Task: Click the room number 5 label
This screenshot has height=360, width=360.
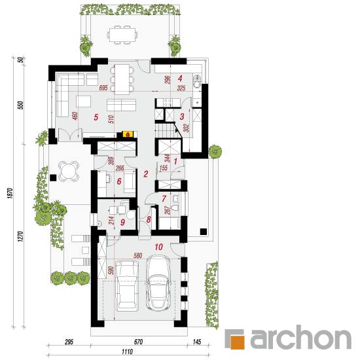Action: (96, 117)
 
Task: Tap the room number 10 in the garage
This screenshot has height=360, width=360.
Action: (158, 247)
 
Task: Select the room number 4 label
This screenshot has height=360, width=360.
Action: (180, 79)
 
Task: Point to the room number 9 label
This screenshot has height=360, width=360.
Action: (122, 222)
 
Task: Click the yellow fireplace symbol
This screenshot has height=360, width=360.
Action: (128, 134)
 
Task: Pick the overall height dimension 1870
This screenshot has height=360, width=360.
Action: (10, 193)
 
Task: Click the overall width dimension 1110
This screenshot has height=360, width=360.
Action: (127, 351)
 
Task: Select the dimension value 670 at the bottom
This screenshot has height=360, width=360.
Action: (139, 342)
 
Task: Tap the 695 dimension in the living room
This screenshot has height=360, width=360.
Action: (103, 88)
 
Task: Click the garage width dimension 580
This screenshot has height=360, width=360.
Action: (137, 255)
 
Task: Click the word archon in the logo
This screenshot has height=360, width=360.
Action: (301, 338)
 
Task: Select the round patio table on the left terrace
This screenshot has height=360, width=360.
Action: (69, 171)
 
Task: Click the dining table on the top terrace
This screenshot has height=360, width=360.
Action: (122, 35)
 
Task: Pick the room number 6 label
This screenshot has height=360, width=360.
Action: (119, 181)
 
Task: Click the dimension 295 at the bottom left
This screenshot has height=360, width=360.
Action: (69, 342)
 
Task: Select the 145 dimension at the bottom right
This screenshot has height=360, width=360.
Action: (197, 342)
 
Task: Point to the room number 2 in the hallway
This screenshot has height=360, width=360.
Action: (145, 174)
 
